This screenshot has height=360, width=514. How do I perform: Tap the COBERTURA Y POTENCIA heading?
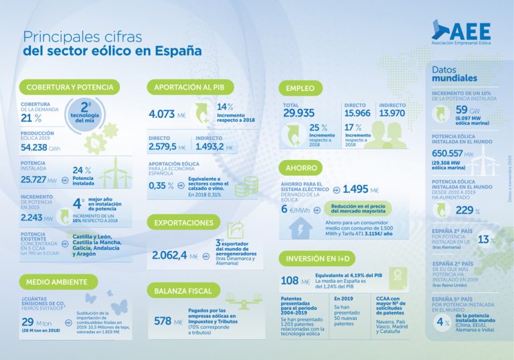(x=70, y=87)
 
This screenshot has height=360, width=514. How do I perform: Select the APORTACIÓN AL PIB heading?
(x=189, y=87)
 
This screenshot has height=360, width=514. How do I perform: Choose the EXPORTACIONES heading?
(x=183, y=223)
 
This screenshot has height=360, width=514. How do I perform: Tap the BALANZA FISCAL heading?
(x=183, y=290)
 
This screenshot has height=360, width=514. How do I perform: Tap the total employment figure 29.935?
(x=298, y=113)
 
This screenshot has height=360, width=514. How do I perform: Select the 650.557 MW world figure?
(x=452, y=153)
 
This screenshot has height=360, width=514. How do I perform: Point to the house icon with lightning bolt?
(x=300, y=229)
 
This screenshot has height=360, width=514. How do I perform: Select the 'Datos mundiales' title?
(x=454, y=74)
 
